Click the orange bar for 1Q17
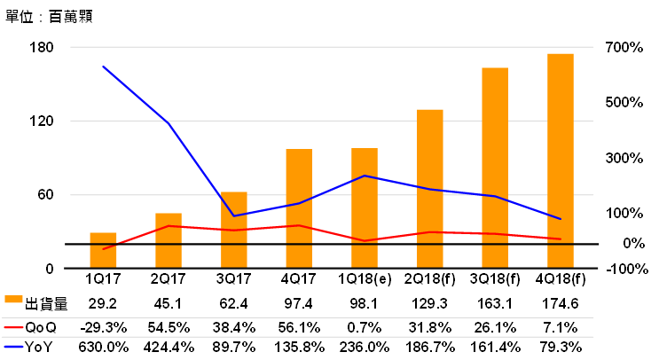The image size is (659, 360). coord(103,250)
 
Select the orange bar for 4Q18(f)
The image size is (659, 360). coord(561,160)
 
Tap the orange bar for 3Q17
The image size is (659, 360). coord(233,230)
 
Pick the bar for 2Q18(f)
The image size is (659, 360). coord(430,188)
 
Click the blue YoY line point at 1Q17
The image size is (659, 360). coord(103,67)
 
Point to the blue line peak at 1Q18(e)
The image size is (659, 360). coord(365,176)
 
